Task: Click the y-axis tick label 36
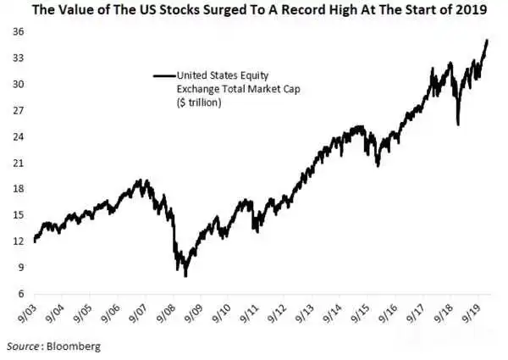[x=19, y=31]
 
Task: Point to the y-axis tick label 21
[x=19, y=163]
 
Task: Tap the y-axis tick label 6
[x=21, y=294]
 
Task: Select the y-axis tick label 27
[x=19, y=110]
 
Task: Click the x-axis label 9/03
[x=29, y=313]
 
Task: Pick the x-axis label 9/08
[x=167, y=313]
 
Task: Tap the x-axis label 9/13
[x=305, y=313]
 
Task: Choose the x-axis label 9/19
[x=471, y=313]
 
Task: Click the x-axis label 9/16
[x=388, y=313]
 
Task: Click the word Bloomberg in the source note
[x=74, y=346]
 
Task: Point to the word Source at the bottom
[x=23, y=346]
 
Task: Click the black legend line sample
[x=164, y=76]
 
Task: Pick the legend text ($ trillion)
[x=199, y=102]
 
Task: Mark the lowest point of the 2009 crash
[x=185, y=276]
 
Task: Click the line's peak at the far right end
[x=487, y=40]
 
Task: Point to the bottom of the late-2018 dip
[x=458, y=125]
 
